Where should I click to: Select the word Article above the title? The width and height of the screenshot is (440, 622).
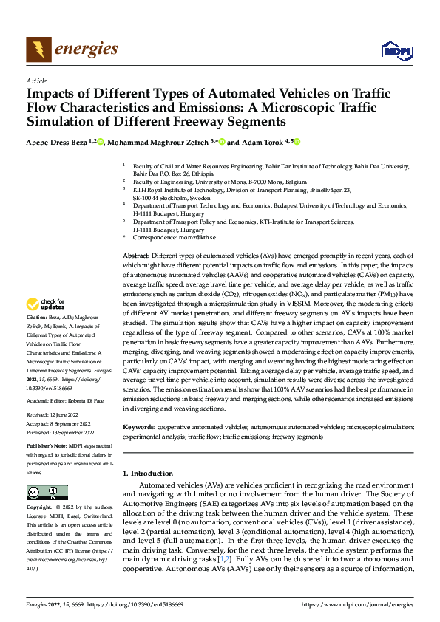[x=36, y=81]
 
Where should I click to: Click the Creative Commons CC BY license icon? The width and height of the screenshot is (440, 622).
[x=47, y=492]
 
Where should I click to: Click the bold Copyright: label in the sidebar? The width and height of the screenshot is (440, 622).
[x=39, y=508]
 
